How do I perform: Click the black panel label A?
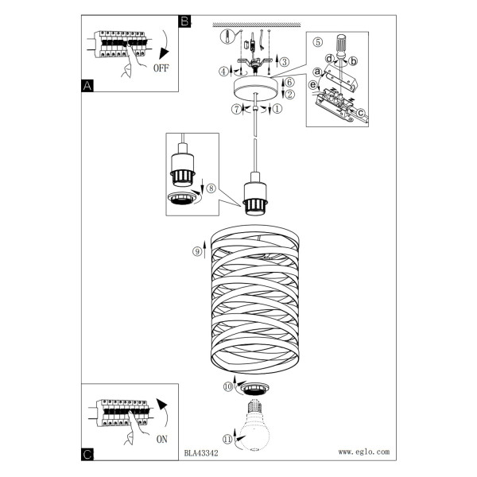87,86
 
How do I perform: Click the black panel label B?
184,21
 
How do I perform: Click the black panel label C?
87,455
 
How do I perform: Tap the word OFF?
161,68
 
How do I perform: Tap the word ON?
162,440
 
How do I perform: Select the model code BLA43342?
201,453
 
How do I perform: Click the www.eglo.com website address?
364,452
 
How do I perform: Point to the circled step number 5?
317,42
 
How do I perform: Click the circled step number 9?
197,251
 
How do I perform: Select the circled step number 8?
211,188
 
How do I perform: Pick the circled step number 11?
227,439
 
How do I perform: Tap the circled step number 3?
285,62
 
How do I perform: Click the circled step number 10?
228,386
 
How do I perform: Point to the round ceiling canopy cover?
255,88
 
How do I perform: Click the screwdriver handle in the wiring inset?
341,45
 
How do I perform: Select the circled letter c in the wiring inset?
360,113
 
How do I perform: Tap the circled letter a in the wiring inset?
317,72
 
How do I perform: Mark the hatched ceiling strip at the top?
257,25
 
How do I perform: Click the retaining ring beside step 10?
254,389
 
